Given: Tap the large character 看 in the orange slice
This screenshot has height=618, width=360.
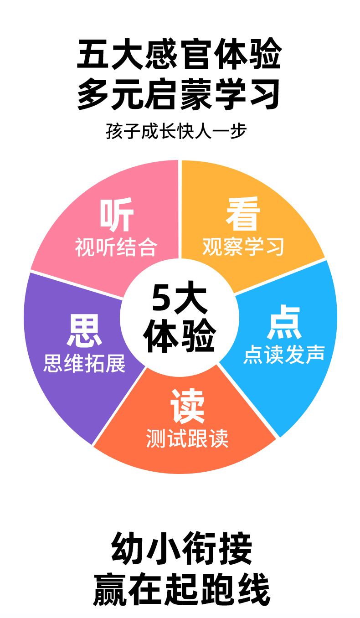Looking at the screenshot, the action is pyautogui.click(x=243, y=214).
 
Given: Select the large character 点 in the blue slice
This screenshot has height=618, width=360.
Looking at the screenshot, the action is pyautogui.click(x=284, y=323).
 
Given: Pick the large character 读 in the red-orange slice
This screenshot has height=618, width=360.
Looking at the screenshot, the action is pyautogui.click(x=187, y=406).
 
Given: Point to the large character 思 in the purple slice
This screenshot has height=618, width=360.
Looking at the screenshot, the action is pyautogui.click(x=84, y=331).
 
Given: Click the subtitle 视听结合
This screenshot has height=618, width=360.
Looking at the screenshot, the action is pyautogui.click(x=116, y=247).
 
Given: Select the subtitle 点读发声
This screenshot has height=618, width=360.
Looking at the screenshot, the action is pyautogui.click(x=284, y=354).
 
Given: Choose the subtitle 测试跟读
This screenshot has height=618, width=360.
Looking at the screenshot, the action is pyautogui.click(x=187, y=438).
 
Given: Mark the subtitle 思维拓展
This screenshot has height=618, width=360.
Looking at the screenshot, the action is pyautogui.click(x=84, y=364).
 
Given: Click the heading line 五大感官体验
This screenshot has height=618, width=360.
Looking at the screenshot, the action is pyautogui.click(x=179, y=54).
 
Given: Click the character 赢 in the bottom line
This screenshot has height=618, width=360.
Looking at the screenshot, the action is pyautogui.click(x=111, y=589).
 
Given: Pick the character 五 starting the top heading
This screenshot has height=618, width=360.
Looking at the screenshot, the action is pyautogui.click(x=94, y=54).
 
